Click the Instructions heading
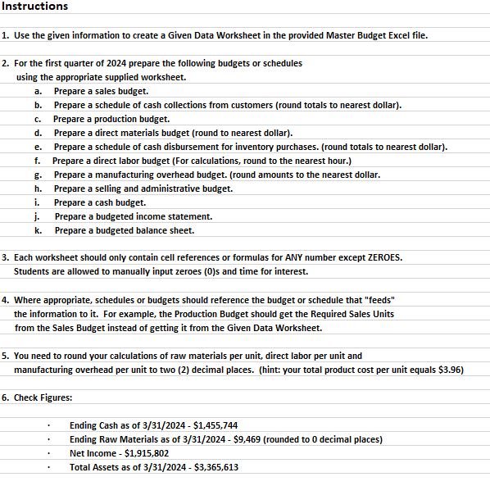pyautogui.click(x=34, y=7)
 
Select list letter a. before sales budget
pyautogui.click(x=38, y=91)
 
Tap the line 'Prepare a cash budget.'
pyautogui.click(x=100, y=202)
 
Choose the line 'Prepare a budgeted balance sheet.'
pyautogui.click(x=125, y=230)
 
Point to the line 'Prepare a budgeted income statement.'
pyautogui.click(x=134, y=216)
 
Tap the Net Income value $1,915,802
pyautogui.click(x=143, y=453)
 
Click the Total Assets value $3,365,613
pyautogui.click(x=211, y=467)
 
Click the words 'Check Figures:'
pyautogui.click(x=43, y=397)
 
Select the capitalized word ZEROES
pyautogui.click(x=382, y=257)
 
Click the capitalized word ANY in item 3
pyautogui.click(x=301, y=257)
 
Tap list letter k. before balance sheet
pyautogui.click(x=38, y=230)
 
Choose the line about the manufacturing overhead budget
pyautogui.click(x=217, y=175)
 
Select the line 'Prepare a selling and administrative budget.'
pyautogui.click(x=143, y=188)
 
